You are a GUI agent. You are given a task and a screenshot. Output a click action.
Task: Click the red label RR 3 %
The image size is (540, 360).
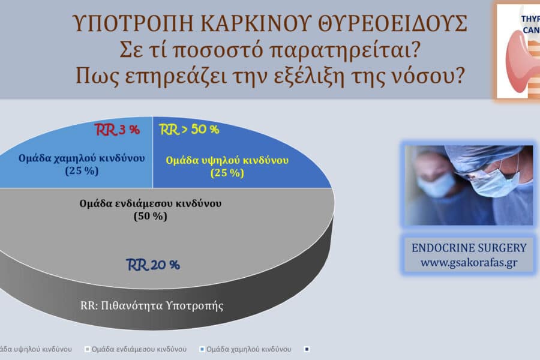click(118, 130)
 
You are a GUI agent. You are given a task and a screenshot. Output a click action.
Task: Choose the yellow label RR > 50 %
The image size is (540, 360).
click(188, 130)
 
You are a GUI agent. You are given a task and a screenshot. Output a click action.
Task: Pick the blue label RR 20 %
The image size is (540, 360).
click(152, 265)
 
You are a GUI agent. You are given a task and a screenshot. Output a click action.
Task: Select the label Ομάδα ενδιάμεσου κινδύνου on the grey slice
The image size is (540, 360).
click(150, 203)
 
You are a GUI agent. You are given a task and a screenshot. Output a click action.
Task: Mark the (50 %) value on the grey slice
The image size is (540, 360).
click(150, 217)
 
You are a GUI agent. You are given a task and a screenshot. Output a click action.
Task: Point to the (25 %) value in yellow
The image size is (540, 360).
click(227, 173)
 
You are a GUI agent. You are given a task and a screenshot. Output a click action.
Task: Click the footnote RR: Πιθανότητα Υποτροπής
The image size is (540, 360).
click(151, 305)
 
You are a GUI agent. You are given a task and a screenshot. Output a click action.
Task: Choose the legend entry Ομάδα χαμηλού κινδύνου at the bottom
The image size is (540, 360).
click(248, 349)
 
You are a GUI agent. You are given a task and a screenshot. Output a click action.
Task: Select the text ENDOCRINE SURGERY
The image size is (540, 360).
click(469, 247)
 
